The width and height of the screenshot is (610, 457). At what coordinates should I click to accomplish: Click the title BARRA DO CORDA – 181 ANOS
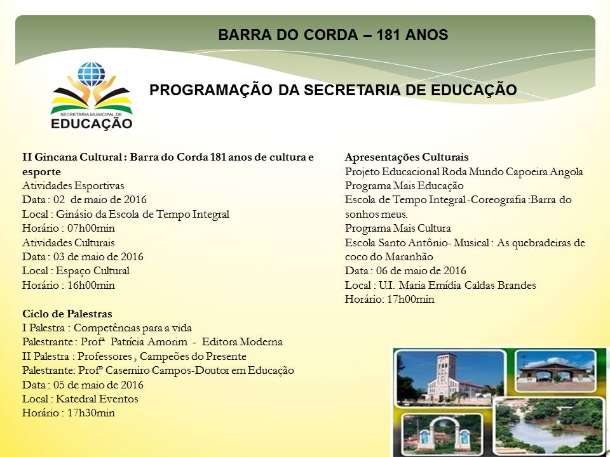tap(333, 35)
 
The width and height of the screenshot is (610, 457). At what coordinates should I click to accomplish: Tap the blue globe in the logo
tap(91, 74)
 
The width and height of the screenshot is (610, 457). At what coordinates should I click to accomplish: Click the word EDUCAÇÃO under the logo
tap(91, 124)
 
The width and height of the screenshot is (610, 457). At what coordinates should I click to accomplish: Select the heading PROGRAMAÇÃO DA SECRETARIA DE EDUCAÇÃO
tap(333, 90)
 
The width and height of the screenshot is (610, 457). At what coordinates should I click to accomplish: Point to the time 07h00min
tap(91, 228)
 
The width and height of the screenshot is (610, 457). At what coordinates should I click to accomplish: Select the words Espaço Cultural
tap(93, 271)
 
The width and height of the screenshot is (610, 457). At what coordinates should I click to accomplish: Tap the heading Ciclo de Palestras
tap(67, 314)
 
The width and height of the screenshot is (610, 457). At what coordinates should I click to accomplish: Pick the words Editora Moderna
tap(242, 342)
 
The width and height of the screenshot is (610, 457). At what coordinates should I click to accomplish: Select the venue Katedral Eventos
tap(97, 399)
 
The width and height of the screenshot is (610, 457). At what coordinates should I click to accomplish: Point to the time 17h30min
tap(91, 413)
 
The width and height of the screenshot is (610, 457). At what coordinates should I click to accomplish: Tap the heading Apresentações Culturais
tap(407, 157)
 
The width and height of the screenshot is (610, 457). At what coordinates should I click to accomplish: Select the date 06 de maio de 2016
tap(421, 270)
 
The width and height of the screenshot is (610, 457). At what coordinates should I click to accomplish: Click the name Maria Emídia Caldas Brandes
tap(467, 285)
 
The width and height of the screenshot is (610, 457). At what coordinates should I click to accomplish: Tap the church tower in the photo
tap(446, 373)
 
